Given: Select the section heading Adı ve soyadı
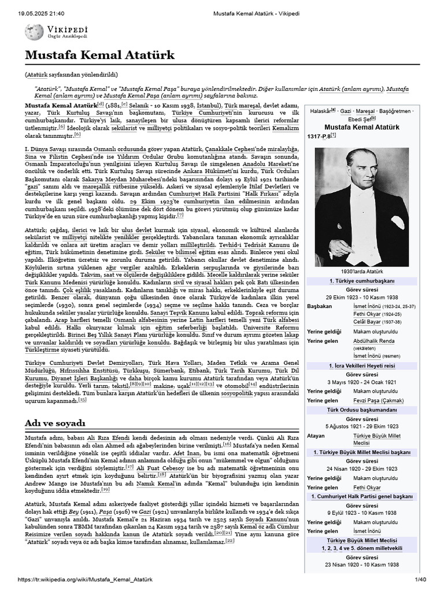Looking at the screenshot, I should (x=55, y=423).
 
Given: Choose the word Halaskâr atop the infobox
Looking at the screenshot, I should (x=322, y=110).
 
